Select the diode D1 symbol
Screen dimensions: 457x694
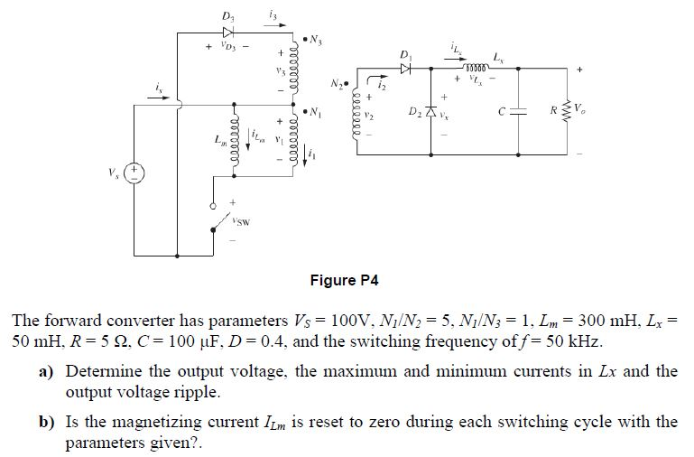tap(407, 66)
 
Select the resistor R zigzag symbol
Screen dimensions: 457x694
tap(569, 112)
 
